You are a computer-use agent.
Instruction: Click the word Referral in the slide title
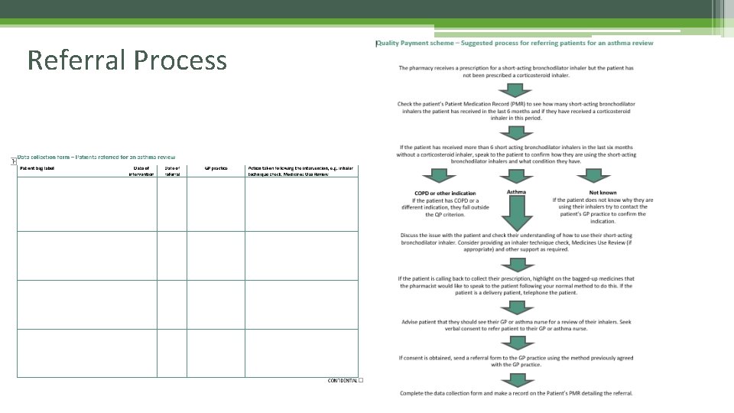(73, 60)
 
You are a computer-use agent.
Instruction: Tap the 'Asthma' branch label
(516, 192)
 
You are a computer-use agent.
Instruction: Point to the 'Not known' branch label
(602, 193)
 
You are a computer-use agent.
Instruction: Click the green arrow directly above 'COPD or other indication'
(434, 176)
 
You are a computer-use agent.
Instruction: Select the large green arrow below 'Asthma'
(516, 213)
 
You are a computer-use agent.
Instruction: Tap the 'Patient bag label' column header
(37, 167)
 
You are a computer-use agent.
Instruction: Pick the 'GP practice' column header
(216, 167)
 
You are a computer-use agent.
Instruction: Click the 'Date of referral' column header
(172, 171)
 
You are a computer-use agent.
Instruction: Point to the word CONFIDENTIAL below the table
(342, 380)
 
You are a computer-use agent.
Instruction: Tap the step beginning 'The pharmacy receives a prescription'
(516, 72)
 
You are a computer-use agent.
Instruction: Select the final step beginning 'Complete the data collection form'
(516, 393)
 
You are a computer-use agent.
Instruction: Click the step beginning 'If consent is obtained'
(516, 361)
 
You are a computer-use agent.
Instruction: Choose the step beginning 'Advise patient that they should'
(516, 325)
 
